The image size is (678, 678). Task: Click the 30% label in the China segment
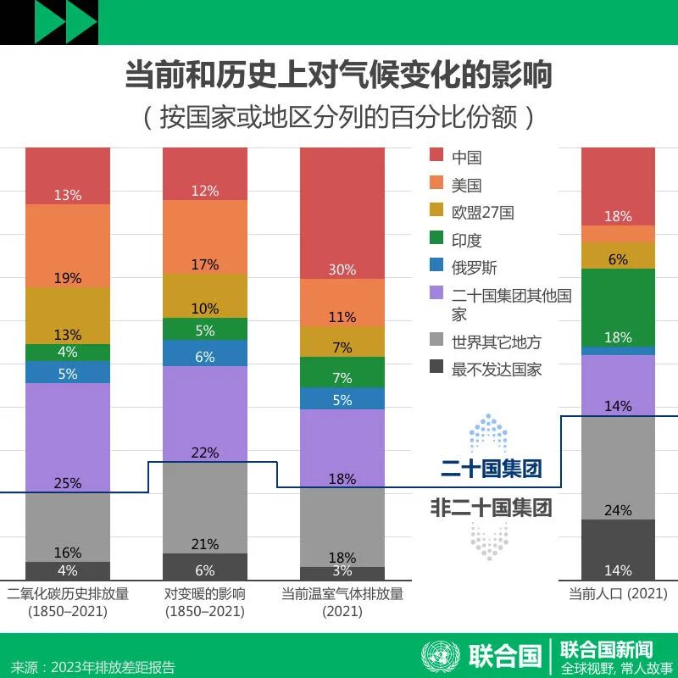pyautogui.click(x=342, y=270)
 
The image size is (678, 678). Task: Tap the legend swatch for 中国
pyautogui.click(x=436, y=156)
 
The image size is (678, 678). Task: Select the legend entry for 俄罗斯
pyautogui.click(x=475, y=268)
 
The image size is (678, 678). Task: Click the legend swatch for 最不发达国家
pyautogui.click(x=436, y=369)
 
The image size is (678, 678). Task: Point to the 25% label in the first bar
pyautogui.click(x=68, y=483)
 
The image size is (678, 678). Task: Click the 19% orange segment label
pyautogui.click(x=68, y=278)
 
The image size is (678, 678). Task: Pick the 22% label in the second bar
pyautogui.click(x=205, y=453)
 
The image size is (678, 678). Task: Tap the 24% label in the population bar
pyautogui.click(x=618, y=510)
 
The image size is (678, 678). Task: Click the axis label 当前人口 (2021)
pyautogui.click(x=618, y=594)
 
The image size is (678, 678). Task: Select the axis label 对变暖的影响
pyautogui.click(x=205, y=594)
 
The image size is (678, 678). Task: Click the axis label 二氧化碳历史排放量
pyautogui.click(x=68, y=594)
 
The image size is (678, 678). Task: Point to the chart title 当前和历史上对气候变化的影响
pyautogui.click(x=339, y=75)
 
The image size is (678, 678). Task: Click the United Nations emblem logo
pyautogui.click(x=439, y=655)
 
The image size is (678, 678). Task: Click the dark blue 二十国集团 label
pyautogui.click(x=491, y=468)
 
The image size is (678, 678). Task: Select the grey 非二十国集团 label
pyautogui.click(x=491, y=508)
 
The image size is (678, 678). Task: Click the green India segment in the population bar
pyautogui.click(x=618, y=305)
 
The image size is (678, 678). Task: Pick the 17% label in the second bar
pyautogui.click(x=205, y=264)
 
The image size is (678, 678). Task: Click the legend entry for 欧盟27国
pyautogui.click(x=482, y=212)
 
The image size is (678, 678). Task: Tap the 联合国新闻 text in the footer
pyautogui.click(x=607, y=648)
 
